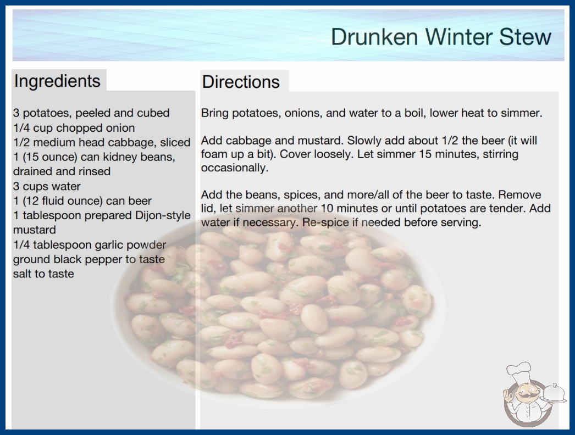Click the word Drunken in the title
tap(374, 37)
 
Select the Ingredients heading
tap(57, 81)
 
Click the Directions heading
tap(241, 82)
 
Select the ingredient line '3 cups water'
tap(47, 186)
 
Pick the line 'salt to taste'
tap(43, 274)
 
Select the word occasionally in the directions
tap(235, 168)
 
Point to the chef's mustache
tap(525, 397)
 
